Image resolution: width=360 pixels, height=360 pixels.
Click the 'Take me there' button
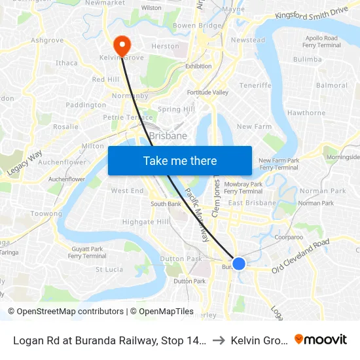point(180,160)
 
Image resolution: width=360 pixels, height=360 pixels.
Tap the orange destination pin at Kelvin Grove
point(122,45)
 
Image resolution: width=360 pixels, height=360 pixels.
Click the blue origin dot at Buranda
point(239,263)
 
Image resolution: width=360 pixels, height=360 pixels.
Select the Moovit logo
point(321,339)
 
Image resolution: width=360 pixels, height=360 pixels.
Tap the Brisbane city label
point(168,136)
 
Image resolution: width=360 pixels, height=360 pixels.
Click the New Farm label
point(254,126)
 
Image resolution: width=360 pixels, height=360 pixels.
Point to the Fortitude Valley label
point(208,92)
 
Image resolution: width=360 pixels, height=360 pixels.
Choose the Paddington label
point(86,105)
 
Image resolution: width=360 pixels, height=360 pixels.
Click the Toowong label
point(46,213)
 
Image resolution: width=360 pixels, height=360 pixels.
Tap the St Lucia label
point(109,269)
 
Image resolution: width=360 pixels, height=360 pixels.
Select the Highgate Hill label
point(146,222)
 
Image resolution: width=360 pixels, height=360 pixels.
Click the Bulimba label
point(308,59)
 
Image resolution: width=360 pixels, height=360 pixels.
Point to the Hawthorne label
point(306,113)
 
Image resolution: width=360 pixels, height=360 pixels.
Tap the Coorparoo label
point(289,238)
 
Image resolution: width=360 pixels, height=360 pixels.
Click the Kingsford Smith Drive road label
point(312,14)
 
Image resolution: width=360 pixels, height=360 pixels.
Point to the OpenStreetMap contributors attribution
point(67,312)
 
